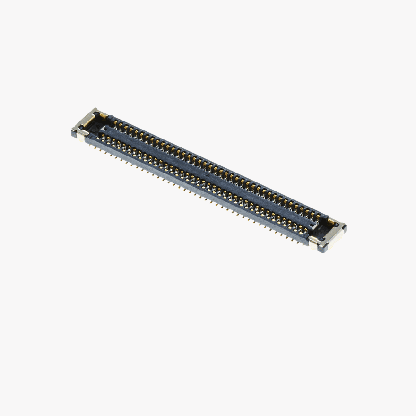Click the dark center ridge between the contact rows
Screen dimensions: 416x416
pyautogui.click(x=208, y=175)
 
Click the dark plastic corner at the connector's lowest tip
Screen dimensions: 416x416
pyautogui.click(x=323, y=250)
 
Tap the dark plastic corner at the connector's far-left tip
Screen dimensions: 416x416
pyautogui.click(x=74, y=134)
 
